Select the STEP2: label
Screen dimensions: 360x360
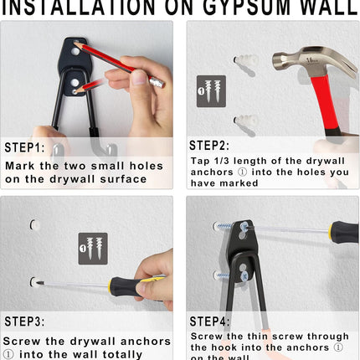tap(215, 145)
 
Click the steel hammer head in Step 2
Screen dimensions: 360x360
tap(301, 61)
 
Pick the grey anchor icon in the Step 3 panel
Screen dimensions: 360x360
tap(92, 248)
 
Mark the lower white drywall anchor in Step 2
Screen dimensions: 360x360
tap(244, 122)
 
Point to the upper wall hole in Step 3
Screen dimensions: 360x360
tap(33, 224)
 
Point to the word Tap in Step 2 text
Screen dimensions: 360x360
tap(201, 161)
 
